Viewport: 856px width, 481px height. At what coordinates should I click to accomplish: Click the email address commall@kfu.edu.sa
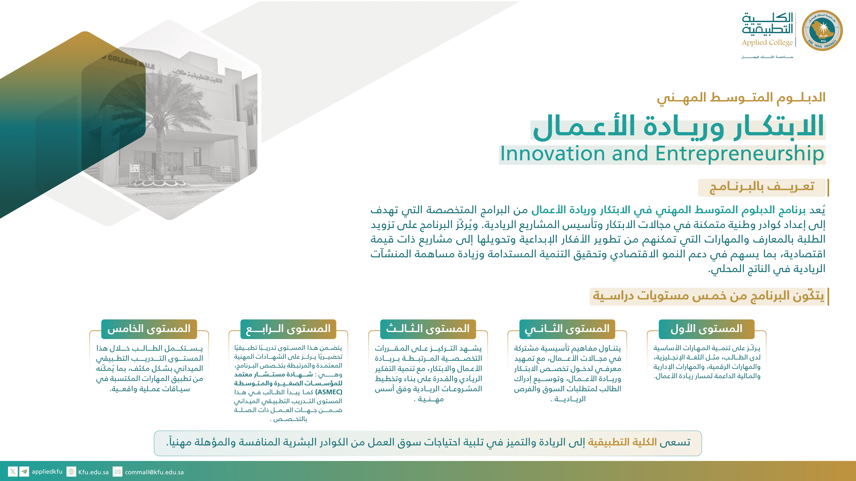[154, 472]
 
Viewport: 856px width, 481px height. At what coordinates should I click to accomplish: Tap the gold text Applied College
[767, 42]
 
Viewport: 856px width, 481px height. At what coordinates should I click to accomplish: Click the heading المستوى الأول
[706, 329]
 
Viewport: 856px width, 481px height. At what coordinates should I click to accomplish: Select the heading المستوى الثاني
[567, 329]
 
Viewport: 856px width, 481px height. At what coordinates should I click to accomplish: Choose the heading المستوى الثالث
[428, 329]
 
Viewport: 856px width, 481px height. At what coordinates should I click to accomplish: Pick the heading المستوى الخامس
[149, 329]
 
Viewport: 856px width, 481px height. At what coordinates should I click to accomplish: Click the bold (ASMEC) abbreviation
[329, 392]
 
